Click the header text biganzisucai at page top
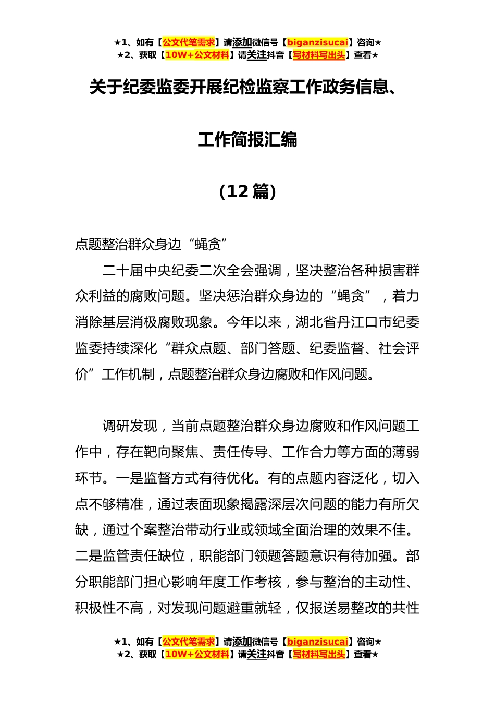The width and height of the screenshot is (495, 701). click(317, 43)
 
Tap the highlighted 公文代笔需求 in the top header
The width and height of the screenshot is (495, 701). click(189, 43)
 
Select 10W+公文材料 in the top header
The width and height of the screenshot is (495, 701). click(197, 55)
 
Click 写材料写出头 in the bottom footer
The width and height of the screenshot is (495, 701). click(319, 655)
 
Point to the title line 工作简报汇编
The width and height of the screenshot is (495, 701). click(247, 140)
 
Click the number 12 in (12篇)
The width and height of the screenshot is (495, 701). click(238, 191)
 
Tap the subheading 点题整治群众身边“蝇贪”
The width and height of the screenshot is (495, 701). click(152, 244)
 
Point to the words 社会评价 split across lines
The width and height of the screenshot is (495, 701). click(399, 348)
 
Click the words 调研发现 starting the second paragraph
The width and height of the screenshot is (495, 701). click(130, 426)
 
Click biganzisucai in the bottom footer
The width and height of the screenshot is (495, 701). click(317, 642)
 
